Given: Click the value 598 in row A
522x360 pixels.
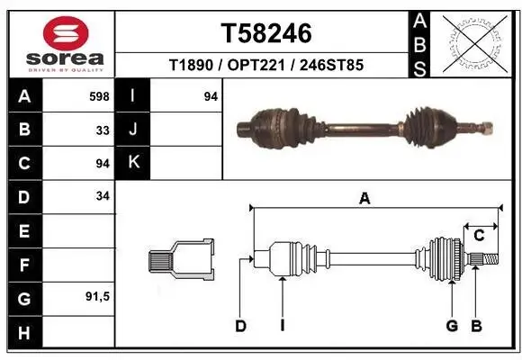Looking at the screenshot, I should point(100,95).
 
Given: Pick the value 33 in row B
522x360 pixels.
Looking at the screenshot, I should point(103,129).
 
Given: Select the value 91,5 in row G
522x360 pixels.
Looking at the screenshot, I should point(97,296).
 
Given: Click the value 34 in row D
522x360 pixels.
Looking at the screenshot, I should point(103,196).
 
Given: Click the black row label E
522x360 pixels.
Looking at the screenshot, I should point(23,230).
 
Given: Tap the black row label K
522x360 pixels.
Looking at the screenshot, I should point(132,163).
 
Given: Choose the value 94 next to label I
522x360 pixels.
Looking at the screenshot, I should point(211,95).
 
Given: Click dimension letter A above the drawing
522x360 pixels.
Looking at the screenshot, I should point(364,199).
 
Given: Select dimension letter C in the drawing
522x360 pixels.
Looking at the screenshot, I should point(479,236).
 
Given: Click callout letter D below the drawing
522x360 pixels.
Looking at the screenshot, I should point(240,326).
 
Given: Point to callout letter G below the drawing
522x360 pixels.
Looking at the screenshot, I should point(452,326).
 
